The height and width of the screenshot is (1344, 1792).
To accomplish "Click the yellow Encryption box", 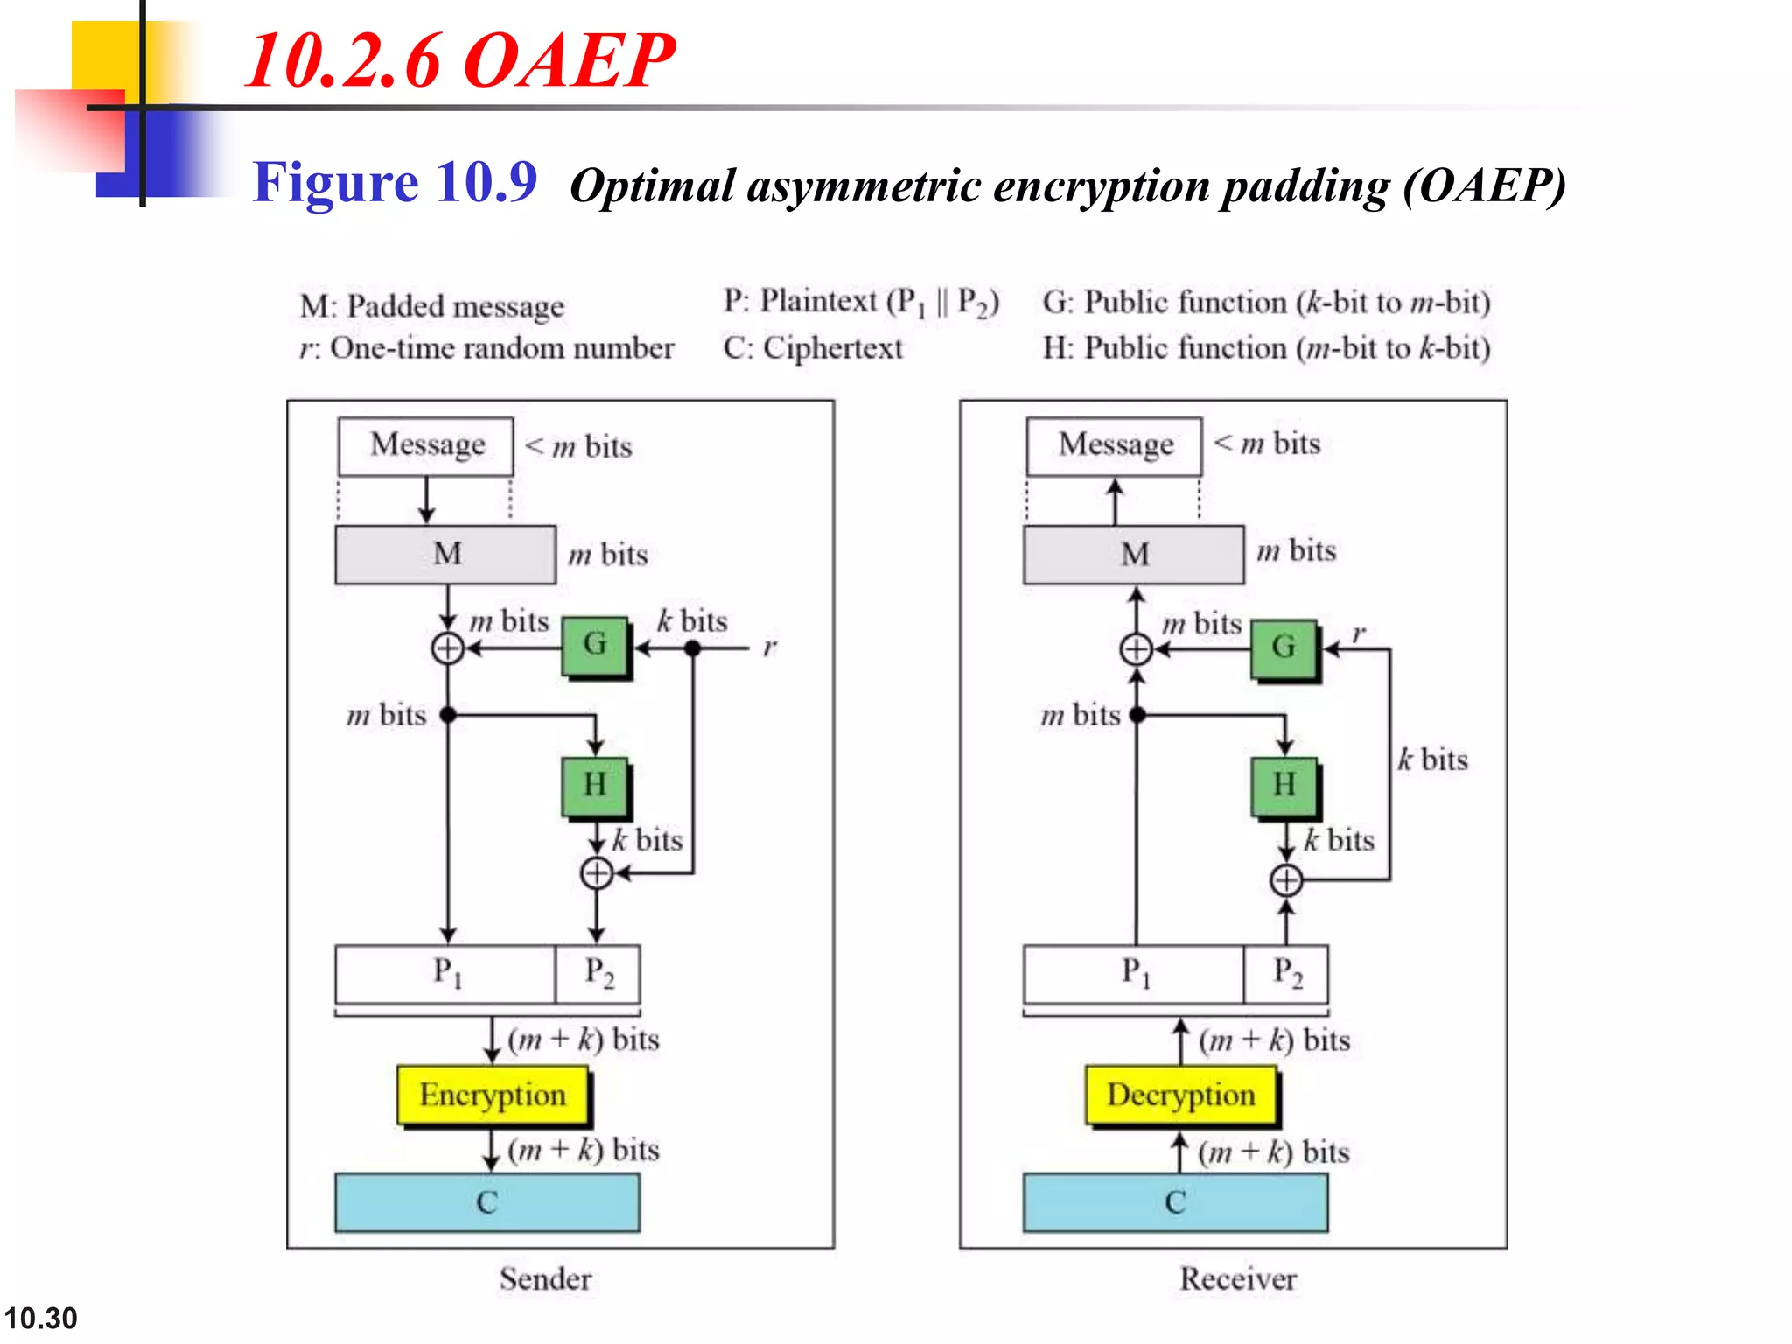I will [493, 1095].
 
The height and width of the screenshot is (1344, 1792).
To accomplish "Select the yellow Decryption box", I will [1180, 1095].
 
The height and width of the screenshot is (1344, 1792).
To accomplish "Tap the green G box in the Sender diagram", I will [595, 645].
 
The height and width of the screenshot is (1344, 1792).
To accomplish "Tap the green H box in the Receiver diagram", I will [1284, 785].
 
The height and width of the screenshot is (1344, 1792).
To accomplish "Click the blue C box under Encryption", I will [486, 1202].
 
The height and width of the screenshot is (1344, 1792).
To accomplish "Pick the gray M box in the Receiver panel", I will [1134, 554].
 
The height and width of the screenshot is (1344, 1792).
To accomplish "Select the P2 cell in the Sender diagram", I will [598, 972].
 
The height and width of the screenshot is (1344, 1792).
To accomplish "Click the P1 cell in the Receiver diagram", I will [1134, 972].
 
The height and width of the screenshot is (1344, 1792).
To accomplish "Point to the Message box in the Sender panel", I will [426, 445].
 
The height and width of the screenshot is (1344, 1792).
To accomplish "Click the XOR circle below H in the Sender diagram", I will [597, 872].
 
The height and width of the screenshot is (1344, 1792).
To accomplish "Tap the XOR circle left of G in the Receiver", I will [1137, 649].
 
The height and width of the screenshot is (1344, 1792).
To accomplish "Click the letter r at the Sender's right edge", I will [769, 647].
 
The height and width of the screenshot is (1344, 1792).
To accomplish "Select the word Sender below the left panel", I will [545, 1279].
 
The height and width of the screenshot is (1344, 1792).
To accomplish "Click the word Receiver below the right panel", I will [1238, 1279].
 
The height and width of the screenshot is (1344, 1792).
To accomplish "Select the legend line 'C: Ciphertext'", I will [812, 348].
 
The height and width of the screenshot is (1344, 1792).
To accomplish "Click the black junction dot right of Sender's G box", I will [692, 648].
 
